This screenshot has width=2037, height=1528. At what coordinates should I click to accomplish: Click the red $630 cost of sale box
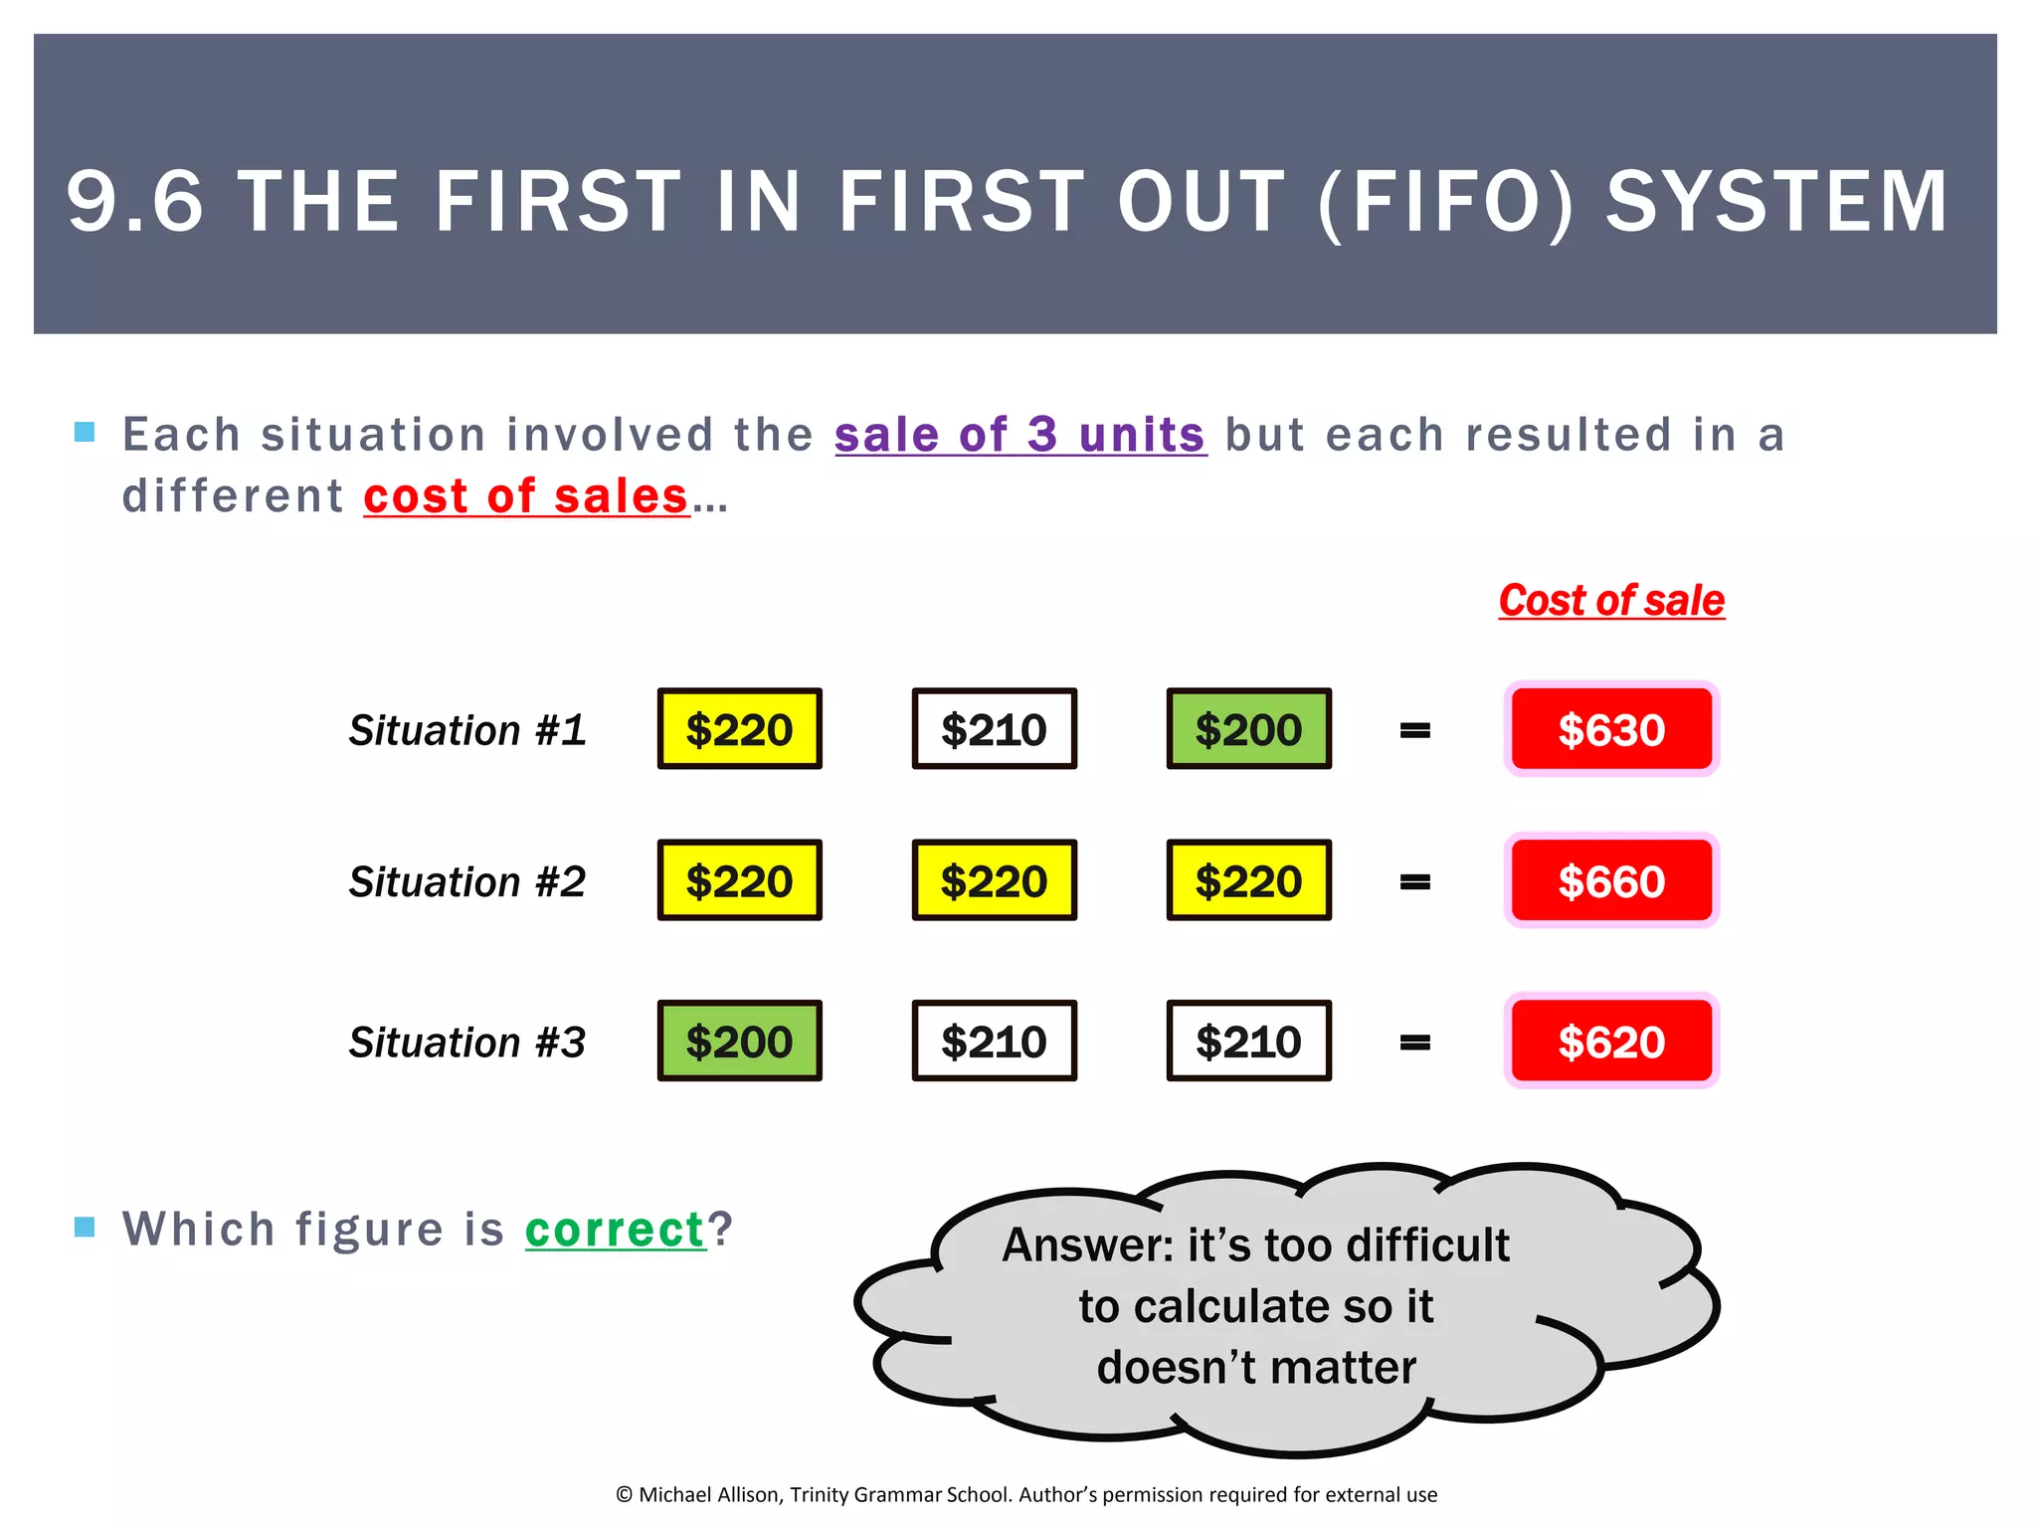[x=1611, y=729]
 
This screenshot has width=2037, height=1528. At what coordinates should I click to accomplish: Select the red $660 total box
[x=1611, y=880]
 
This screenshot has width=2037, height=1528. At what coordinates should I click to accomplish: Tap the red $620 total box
[x=1611, y=1041]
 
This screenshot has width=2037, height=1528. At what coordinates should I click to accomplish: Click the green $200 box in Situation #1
[x=1248, y=729]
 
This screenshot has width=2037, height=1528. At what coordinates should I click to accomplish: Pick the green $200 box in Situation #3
[x=739, y=1041]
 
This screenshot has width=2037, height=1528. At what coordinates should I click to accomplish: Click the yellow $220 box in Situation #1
[x=739, y=729]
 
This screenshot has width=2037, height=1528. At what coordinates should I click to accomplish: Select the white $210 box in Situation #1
[x=994, y=729]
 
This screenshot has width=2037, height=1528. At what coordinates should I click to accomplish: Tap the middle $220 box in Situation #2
[x=994, y=880]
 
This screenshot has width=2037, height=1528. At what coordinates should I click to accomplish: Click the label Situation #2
[x=466, y=881]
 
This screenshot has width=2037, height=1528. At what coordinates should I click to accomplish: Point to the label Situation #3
[x=466, y=1043]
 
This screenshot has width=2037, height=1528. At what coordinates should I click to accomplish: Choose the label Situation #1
[x=466, y=730]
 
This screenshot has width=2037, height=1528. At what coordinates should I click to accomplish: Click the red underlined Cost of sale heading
[x=1611, y=601]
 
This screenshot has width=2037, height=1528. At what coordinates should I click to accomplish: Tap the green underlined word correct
[x=615, y=1230]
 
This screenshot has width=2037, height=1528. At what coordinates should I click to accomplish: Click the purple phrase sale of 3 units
[x=1019, y=435]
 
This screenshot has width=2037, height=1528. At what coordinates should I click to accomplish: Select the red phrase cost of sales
[x=526, y=496]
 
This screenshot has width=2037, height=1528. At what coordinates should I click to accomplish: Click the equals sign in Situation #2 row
[x=1414, y=881]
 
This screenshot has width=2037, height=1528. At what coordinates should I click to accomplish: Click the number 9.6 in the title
[x=134, y=202]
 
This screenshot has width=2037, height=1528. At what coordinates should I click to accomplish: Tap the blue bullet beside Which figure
[x=85, y=1227]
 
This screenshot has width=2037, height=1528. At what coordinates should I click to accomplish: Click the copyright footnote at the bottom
[x=1025, y=1494]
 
